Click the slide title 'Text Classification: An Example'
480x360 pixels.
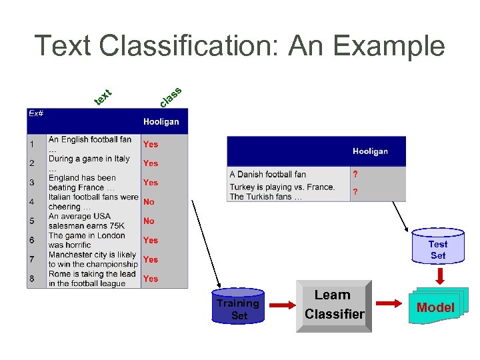tap(239, 46)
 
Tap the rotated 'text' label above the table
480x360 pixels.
tap(102, 97)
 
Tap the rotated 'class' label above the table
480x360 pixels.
tap(171, 96)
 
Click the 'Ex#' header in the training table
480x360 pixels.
tap(36, 113)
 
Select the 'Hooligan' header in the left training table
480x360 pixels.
tap(161, 122)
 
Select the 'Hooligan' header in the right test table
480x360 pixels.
tap(370, 151)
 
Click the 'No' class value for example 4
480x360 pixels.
tap(149, 201)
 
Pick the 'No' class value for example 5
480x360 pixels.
tap(149, 221)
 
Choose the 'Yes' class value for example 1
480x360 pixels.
tap(151, 144)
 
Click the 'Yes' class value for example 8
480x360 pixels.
tap(151, 279)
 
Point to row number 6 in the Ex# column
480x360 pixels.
tap(31, 240)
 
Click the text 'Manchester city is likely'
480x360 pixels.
tap(92, 255)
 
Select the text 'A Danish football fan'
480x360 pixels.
tap(268, 175)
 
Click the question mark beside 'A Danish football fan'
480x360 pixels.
tap(355, 175)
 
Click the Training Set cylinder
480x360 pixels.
tap(239, 307)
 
